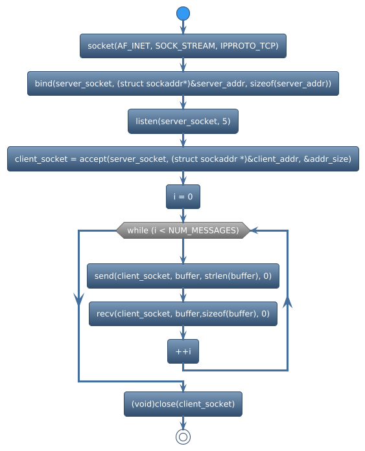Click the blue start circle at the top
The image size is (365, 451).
(x=183, y=14)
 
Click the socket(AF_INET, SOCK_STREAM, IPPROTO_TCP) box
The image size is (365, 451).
(x=183, y=46)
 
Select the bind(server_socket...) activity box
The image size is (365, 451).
(x=183, y=83)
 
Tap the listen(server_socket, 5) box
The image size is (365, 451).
(x=183, y=121)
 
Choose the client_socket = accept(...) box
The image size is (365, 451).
(x=183, y=159)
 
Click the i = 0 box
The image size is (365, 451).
(x=183, y=196)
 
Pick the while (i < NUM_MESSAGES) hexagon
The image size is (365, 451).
(x=183, y=230)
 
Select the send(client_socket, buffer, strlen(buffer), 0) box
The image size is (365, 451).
(x=183, y=276)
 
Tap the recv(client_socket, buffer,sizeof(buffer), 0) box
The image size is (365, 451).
(x=183, y=313)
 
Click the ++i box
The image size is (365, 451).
(x=183, y=351)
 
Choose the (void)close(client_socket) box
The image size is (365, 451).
(x=183, y=404)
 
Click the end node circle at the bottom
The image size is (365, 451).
(x=183, y=437)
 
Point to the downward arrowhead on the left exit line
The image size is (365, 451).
(x=78, y=298)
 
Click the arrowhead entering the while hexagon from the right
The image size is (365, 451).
(x=255, y=230)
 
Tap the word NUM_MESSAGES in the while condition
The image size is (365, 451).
(x=215, y=230)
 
